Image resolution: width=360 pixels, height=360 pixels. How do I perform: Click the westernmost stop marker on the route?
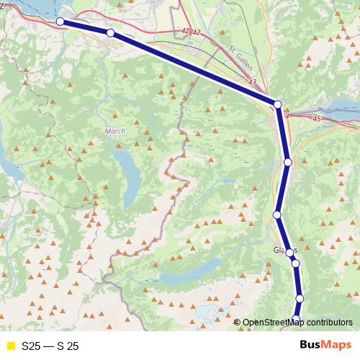61,22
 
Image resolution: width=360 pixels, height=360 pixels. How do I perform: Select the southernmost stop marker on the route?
297,318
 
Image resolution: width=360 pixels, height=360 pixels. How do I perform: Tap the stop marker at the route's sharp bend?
278,104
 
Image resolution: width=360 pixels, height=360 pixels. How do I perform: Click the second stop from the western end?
110,33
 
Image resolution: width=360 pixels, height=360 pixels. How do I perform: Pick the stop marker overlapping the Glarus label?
290,253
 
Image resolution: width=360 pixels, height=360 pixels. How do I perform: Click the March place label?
115,131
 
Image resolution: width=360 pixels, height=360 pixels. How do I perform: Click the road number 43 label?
252,82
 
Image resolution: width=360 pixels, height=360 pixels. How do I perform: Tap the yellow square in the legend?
11,346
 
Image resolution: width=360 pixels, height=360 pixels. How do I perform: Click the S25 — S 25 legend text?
50,346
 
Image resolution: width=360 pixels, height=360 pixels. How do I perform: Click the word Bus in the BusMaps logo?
310,346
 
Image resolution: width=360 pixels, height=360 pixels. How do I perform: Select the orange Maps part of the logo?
336,346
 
